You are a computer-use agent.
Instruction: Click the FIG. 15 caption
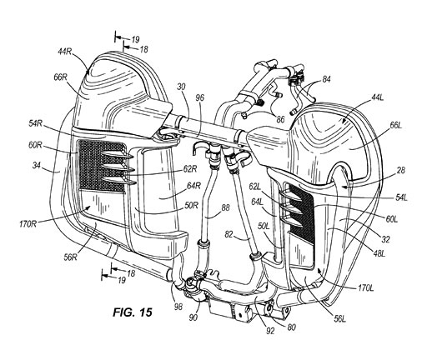133,312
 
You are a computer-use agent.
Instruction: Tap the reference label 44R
65,52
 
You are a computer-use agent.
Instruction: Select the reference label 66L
395,125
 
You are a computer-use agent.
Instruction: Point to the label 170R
28,224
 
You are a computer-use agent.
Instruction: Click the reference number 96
199,97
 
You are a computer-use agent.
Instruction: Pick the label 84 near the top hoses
326,80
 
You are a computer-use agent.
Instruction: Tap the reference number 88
225,207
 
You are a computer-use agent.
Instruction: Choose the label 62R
190,169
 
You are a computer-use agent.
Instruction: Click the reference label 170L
365,288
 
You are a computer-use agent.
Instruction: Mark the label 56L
339,318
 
